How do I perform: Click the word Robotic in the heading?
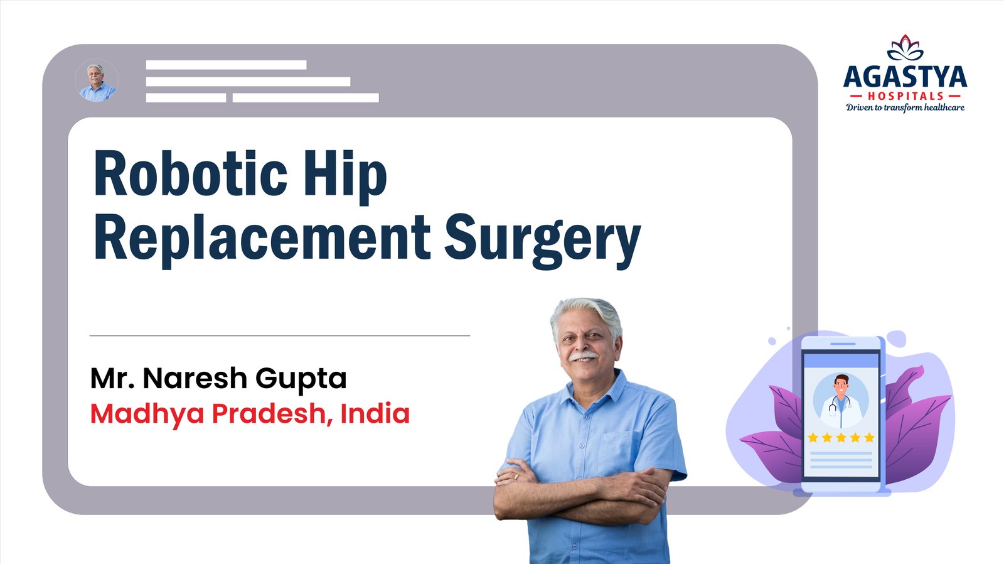191,173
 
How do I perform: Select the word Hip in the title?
345,176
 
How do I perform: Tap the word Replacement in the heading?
262,238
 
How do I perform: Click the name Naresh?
195,378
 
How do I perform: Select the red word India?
375,413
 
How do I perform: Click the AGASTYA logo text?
905,77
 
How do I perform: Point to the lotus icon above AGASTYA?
905,48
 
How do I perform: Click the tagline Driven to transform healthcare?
905,107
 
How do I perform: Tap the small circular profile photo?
97,81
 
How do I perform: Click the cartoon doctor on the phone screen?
840,401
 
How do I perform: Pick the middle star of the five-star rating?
841,438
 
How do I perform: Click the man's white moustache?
583,356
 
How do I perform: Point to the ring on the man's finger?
516,477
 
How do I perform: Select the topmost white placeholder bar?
227,65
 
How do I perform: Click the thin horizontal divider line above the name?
280,335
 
